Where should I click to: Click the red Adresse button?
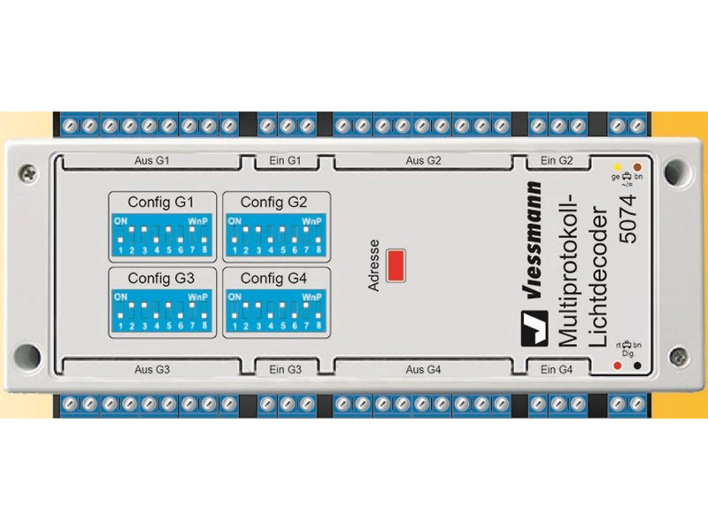coord(396,265)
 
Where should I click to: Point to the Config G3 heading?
coord(160,278)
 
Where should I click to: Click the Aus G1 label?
coord(152,162)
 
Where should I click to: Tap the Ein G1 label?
coord(285,162)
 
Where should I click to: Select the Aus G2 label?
coord(423,162)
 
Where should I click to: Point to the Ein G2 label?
coord(558,162)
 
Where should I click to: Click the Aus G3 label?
coord(152,368)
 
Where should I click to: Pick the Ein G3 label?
coord(285,368)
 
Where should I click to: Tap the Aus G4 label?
coord(423,368)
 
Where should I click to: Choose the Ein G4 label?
coord(558,368)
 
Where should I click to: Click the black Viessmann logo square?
coord(535,330)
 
